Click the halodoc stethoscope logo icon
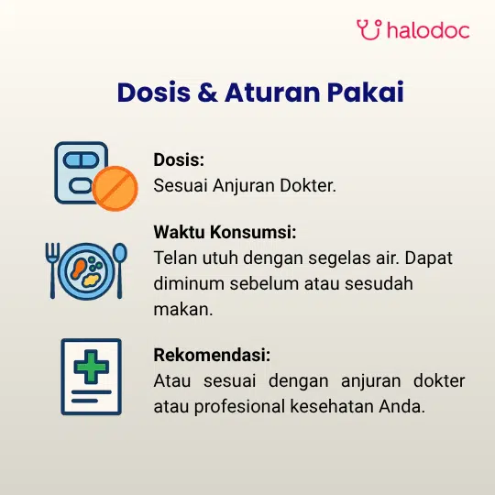click(369, 29)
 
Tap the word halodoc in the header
click(428, 30)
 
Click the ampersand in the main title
click(208, 93)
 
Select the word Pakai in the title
click(365, 92)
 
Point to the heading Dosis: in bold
click(179, 159)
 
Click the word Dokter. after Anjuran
click(308, 185)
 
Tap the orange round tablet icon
click(115, 188)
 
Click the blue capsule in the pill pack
click(82, 159)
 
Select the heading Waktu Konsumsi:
click(225, 232)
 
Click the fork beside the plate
click(52, 270)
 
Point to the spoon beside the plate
click(120, 270)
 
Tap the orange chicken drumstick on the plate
click(79, 268)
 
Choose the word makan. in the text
click(183, 310)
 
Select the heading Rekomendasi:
click(212, 355)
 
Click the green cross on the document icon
click(92, 367)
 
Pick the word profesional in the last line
click(239, 406)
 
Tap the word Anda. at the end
click(401, 406)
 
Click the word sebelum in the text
click(265, 283)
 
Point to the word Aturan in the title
click(272, 93)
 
